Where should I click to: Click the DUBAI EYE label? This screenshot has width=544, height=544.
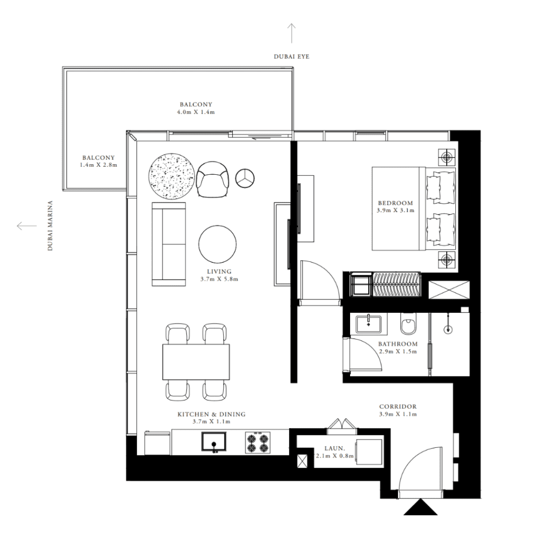(292, 56)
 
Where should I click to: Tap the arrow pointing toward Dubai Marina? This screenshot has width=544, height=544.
(27, 226)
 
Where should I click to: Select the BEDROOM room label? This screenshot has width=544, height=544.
(395, 203)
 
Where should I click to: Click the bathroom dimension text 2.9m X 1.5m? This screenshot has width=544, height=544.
(397, 352)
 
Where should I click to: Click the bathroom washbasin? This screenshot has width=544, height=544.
(369, 324)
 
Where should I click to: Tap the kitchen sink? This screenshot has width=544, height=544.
(214, 442)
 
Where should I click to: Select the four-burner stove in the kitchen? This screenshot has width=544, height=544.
(258, 443)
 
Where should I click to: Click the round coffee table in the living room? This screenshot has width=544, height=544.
(217, 244)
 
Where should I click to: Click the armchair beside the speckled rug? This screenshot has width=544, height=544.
(212, 179)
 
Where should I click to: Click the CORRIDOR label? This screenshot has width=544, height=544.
(398, 406)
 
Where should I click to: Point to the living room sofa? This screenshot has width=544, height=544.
(169, 244)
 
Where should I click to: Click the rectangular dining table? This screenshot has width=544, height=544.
(197, 362)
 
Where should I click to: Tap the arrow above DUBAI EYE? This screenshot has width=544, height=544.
(292, 33)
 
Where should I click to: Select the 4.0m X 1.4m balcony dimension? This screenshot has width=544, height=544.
(196, 112)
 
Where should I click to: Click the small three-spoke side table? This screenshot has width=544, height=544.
(245, 178)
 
